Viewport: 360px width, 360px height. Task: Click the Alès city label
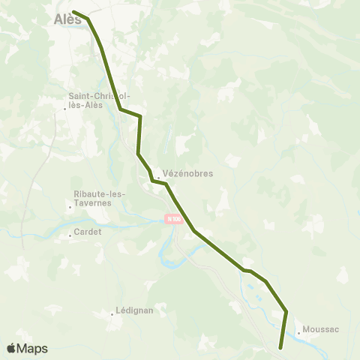68,20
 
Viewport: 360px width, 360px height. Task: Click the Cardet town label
88,232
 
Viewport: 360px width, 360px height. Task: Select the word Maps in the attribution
33,349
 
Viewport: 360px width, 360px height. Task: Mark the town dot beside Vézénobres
158,178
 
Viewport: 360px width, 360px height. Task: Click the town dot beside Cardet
70,235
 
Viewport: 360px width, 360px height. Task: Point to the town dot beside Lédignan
112,314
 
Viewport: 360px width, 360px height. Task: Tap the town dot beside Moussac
299,332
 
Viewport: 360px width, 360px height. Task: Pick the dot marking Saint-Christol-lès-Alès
66,109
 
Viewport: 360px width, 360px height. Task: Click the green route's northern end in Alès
73,11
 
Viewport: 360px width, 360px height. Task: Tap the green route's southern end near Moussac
280,348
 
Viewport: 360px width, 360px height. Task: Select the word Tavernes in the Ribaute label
112,202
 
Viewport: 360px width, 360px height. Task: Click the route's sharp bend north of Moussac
286,310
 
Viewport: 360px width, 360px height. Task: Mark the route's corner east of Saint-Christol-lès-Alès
140,116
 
